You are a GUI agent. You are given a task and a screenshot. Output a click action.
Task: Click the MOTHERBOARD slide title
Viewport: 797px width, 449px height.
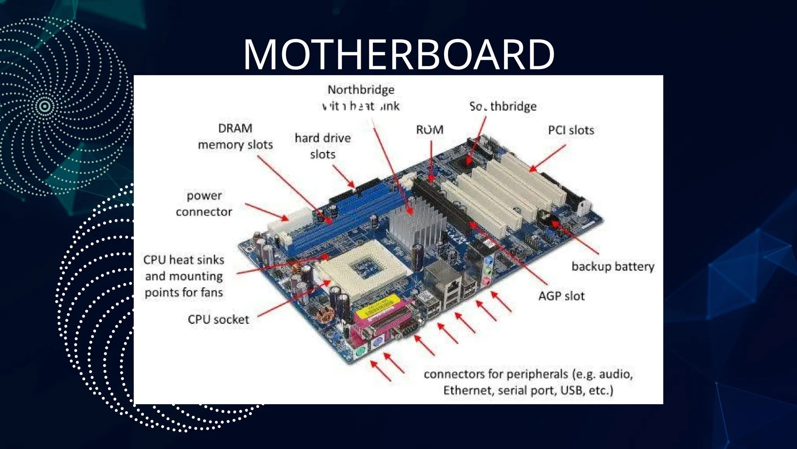coord(398,55)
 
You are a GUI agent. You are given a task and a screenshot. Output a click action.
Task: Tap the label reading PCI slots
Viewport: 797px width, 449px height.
coord(571,130)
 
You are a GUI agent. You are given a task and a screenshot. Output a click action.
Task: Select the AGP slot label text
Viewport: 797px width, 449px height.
coord(561,296)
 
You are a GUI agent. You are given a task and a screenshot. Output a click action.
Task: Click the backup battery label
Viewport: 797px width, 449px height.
coord(613,267)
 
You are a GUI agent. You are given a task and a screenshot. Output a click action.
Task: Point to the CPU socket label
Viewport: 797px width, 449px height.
coord(218,320)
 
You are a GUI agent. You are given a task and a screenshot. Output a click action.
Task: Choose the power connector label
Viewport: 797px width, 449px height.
coord(204,203)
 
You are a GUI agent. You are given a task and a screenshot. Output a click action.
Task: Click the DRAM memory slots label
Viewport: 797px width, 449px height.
coord(235,136)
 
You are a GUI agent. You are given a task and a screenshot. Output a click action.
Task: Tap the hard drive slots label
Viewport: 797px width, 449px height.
coord(323,146)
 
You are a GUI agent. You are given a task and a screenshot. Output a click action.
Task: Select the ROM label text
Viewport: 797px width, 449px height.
coord(430,130)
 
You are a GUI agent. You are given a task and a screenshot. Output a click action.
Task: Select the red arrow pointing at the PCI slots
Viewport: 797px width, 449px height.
coord(547,159)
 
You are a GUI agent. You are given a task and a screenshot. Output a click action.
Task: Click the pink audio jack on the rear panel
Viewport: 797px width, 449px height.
coord(486,281)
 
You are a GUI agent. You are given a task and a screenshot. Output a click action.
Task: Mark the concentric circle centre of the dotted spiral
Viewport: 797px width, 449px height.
coord(45,106)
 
